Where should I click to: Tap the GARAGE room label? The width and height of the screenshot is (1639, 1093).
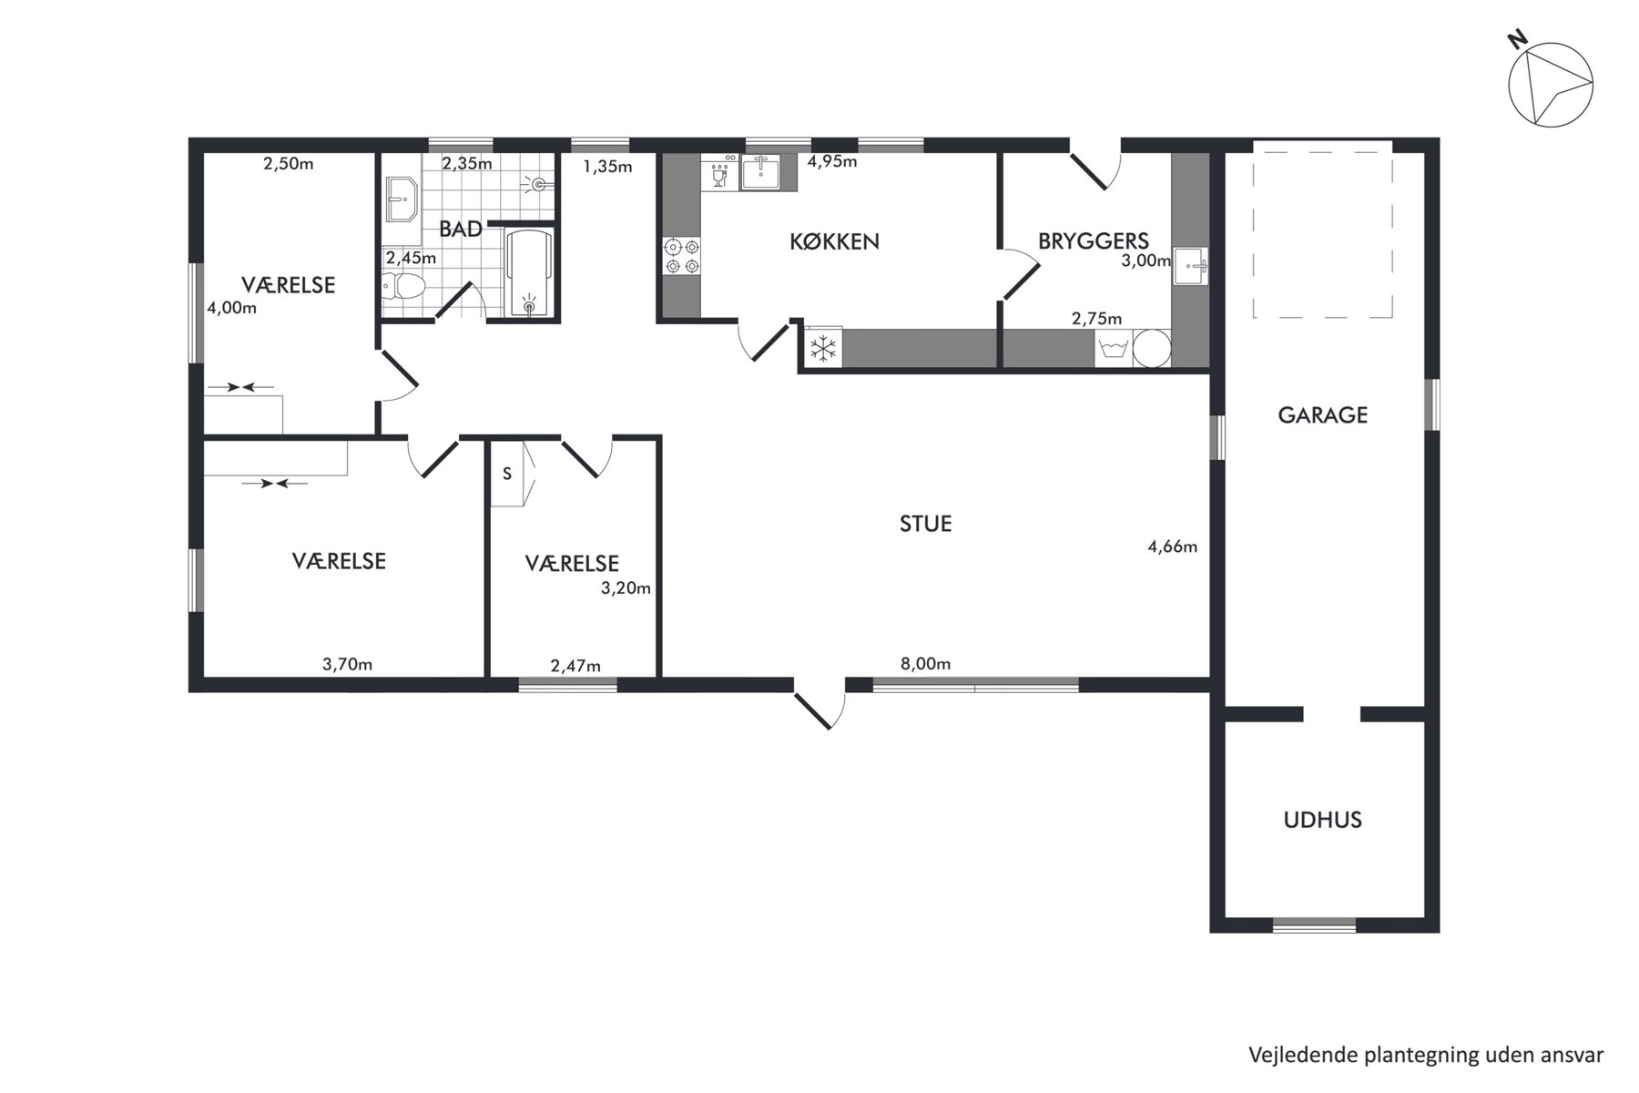point(1322,415)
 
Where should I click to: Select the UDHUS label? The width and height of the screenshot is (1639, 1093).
point(1322,820)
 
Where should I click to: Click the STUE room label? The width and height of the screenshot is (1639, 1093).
point(925,524)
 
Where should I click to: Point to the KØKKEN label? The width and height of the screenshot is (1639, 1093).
point(834,241)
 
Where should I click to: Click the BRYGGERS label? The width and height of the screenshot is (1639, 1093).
point(1093,241)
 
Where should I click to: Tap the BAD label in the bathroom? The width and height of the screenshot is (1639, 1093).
point(461,229)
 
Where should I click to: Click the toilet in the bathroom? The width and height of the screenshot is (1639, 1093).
point(403,287)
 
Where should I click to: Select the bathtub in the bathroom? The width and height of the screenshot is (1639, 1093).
point(529,272)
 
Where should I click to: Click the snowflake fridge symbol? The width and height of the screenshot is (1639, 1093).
point(823,348)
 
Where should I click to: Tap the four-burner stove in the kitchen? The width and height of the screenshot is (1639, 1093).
point(682,255)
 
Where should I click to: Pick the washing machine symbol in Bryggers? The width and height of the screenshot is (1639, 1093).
point(1115,349)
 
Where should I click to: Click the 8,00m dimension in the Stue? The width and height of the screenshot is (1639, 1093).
point(925,664)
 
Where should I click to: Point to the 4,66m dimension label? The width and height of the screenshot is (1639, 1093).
point(1172,546)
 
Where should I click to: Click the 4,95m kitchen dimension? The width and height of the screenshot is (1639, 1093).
point(832,162)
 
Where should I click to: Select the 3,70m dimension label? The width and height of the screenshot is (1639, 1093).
point(347,664)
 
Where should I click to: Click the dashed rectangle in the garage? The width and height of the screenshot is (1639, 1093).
point(1322,230)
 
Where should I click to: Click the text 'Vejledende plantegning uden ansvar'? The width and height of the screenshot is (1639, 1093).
point(1426,1055)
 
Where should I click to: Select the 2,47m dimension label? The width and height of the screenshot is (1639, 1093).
point(575,667)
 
